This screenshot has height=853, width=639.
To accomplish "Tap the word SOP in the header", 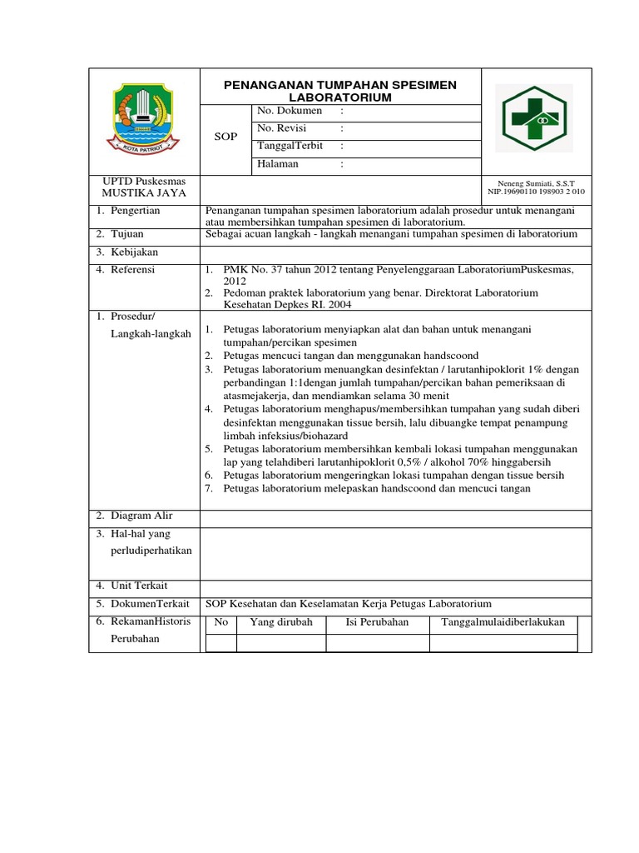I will [x=225, y=136].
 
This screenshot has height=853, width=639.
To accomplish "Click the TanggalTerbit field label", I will [x=290, y=146].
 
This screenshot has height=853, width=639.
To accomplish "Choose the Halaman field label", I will [x=278, y=164].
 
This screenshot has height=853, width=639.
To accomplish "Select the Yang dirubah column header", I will [x=281, y=622].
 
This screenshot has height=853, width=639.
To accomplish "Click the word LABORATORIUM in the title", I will [x=341, y=97].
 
